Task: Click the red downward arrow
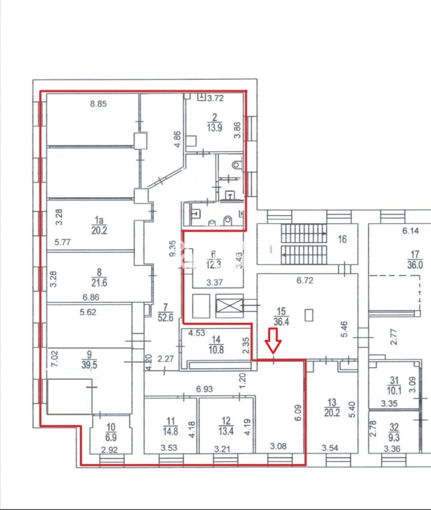(x=273, y=341)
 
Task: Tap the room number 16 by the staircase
(x=342, y=239)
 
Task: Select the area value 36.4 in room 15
(x=281, y=321)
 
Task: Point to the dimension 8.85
(x=98, y=104)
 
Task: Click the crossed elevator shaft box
(x=229, y=305)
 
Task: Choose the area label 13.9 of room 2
(x=214, y=127)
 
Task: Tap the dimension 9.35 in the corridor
(x=173, y=249)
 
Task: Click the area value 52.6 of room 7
(x=166, y=317)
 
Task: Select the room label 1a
(x=99, y=220)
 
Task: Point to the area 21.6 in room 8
(x=99, y=283)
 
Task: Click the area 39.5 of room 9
(x=89, y=365)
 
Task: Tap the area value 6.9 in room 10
(x=111, y=438)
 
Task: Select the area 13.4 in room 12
(x=226, y=431)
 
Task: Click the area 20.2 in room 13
(x=332, y=413)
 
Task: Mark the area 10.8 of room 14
(x=216, y=350)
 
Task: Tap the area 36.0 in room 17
(x=415, y=265)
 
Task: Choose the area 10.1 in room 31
(x=394, y=390)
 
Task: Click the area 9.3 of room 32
(x=394, y=437)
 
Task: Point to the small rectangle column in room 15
(x=309, y=315)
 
